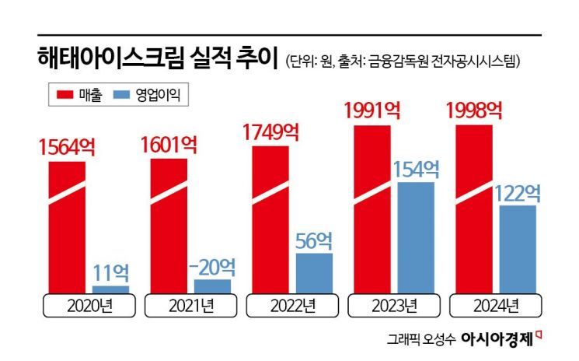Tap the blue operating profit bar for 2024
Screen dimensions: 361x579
(x=518, y=249)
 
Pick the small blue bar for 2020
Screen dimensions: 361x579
(x=110, y=289)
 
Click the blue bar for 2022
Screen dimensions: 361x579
(x=313, y=272)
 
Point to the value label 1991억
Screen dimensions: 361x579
(x=373, y=111)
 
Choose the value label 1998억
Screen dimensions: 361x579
(x=475, y=111)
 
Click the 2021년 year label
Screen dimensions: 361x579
(x=190, y=305)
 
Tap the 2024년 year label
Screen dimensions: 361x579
(x=497, y=305)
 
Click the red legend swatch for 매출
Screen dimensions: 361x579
(x=65, y=95)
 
